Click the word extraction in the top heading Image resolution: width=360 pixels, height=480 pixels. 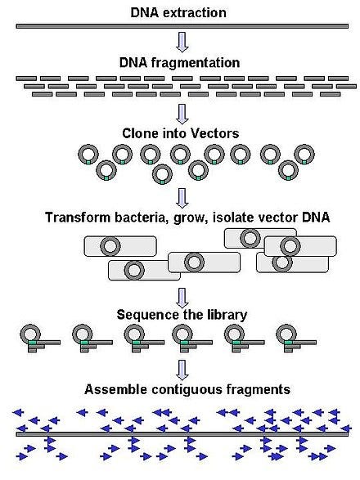click(196, 12)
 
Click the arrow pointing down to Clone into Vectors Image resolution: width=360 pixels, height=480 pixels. click(182, 113)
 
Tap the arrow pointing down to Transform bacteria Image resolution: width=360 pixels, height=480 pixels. click(182, 198)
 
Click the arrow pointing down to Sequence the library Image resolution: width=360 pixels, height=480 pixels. click(182, 295)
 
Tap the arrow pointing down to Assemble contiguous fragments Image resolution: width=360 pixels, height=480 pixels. click(182, 367)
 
